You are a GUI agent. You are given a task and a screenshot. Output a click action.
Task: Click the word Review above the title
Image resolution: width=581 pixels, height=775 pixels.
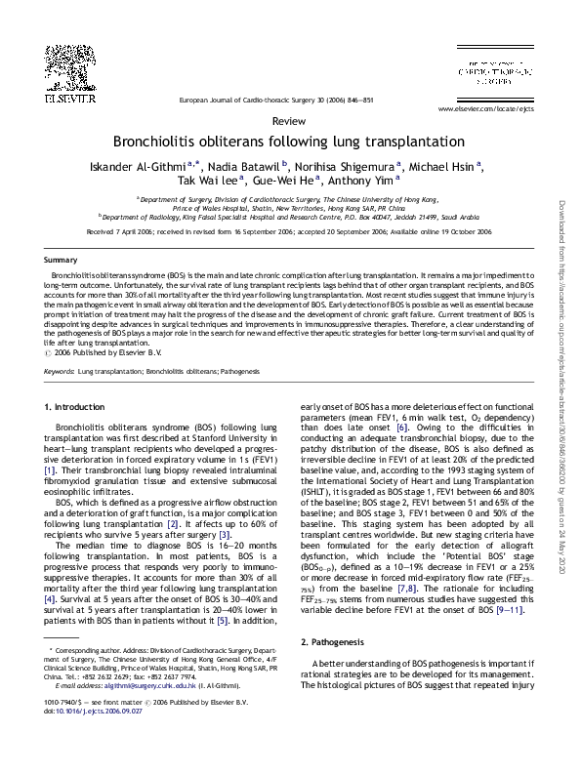click(290, 120)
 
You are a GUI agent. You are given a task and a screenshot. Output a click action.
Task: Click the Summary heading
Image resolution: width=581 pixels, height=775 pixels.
click(61, 260)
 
